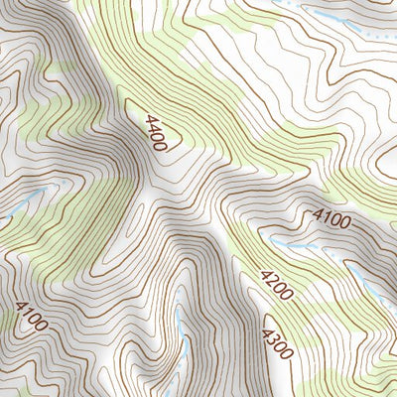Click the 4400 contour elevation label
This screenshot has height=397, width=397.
(x=155, y=132)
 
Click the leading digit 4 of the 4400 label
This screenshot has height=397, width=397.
(x=148, y=119)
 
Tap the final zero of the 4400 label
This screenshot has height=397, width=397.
(x=161, y=145)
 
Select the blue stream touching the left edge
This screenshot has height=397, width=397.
(x=12, y=210)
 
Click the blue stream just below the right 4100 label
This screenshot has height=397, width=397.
(x=298, y=245)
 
